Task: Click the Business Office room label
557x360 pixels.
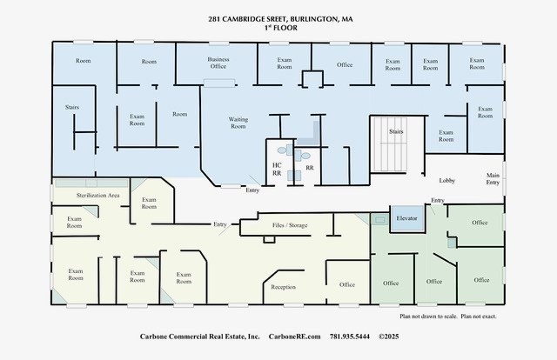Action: (218, 63)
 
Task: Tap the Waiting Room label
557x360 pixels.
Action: (238, 123)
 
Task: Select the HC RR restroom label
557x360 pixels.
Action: (277, 168)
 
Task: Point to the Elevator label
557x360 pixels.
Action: (407, 217)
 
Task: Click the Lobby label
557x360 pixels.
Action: (447, 180)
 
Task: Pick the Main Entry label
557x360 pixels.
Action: (493, 180)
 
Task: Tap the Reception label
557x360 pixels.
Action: (283, 286)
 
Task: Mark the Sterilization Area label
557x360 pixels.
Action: (97, 196)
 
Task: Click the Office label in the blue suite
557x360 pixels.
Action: (345, 64)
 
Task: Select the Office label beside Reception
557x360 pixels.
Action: (347, 284)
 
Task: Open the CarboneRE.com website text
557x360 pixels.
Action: (294, 336)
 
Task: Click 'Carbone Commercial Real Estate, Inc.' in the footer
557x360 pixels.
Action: (200, 336)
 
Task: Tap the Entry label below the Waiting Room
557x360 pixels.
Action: (252, 190)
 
